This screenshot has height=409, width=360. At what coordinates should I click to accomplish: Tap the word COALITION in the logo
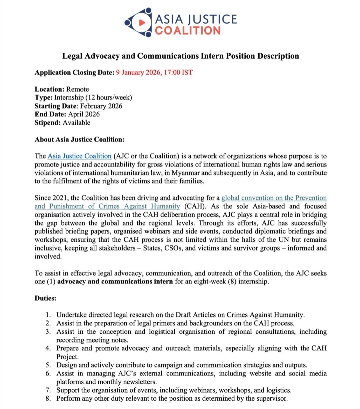[x=188, y=30]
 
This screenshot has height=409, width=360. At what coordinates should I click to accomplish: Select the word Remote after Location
[x=78, y=89]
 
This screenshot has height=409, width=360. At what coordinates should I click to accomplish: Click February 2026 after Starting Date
[x=101, y=106]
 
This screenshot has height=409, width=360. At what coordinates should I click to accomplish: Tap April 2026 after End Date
[x=84, y=114]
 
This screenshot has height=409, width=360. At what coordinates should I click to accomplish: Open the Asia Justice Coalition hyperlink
[x=79, y=156]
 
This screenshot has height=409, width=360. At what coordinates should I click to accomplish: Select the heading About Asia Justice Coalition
[x=79, y=139]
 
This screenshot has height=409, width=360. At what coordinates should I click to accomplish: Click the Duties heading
[x=45, y=298]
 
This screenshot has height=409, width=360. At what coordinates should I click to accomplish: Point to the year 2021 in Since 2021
[x=60, y=198]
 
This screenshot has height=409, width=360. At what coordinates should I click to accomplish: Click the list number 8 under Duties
[x=48, y=398]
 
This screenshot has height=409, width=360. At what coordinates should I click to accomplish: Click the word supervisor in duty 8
[x=272, y=398]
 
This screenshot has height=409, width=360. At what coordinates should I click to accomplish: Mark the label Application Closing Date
[x=74, y=73]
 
